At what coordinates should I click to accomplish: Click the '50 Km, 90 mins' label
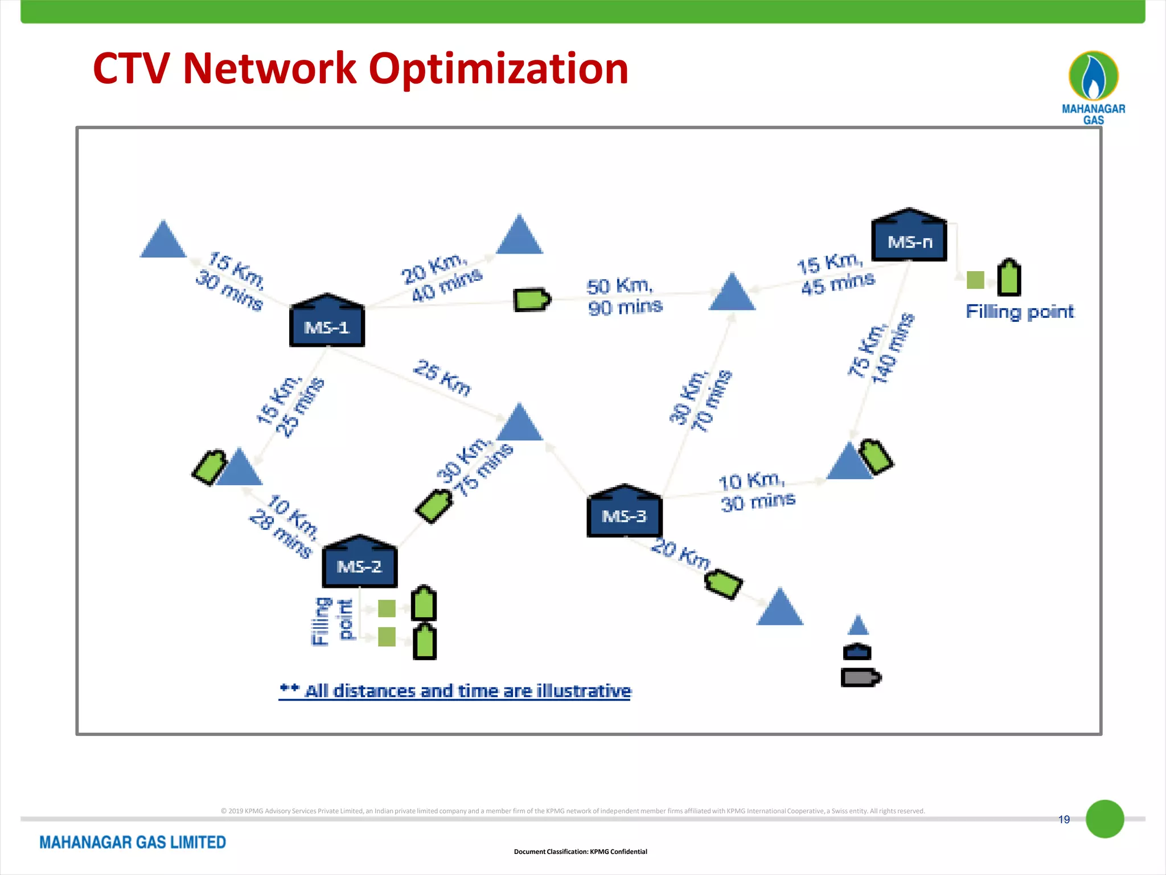coord(624,296)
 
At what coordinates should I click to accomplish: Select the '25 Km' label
coord(442,377)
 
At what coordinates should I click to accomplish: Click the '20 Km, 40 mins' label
coord(441,277)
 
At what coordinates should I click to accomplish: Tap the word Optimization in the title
coord(498,68)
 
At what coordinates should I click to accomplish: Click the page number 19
coord(1064,819)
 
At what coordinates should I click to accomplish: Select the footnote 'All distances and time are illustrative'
coord(467,691)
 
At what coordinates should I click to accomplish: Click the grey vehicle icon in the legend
coord(860,678)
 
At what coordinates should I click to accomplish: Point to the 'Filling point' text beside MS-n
coord(1019,312)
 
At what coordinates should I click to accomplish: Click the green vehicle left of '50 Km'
coord(531,300)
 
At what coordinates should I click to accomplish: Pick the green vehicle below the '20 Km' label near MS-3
coord(723,584)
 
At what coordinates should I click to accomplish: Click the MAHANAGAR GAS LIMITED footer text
coord(133,842)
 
